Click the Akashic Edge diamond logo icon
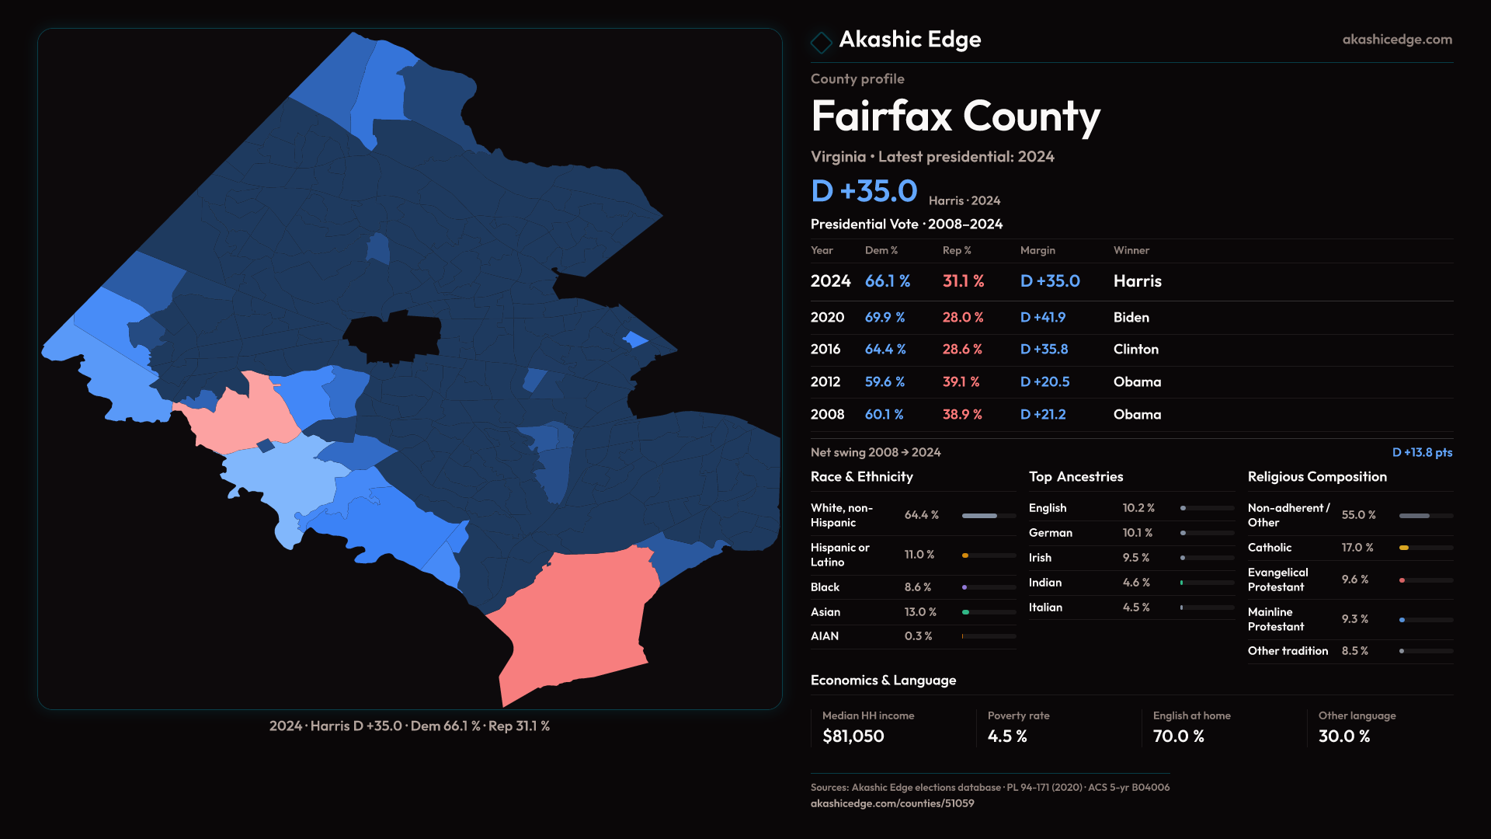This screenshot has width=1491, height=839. click(x=821, y=42)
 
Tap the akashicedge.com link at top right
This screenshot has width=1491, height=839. click(x=1397, y=40)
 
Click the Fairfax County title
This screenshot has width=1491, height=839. click(x=955, y=117)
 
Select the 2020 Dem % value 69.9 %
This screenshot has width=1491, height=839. click(x=885, y=318)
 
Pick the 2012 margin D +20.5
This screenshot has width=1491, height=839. click(x=1044, y=382)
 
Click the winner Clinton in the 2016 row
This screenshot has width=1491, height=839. click(x=1135, y=350)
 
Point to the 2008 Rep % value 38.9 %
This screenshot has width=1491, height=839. click(x=962, y=415)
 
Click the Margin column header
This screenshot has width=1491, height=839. click(x=1037, y=250)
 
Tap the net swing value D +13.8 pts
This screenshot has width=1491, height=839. click(x=1422, y=452)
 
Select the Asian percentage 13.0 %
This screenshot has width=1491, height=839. click(x=920, y=612)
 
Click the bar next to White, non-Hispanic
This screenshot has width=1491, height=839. click(x=989, y=516)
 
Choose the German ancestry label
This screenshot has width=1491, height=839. click(x=1050, y=533)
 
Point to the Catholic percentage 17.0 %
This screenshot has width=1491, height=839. click(x=1357, y=548)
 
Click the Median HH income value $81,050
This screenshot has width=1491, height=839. click(x=853, y=736)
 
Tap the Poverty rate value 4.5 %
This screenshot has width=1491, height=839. click(x=1007, y=736)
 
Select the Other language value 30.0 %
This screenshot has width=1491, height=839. click(x=1343, y=736)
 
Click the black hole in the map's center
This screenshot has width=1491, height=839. click(x=393, y=337)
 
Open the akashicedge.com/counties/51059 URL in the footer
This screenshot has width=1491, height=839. click(x=891, y=803)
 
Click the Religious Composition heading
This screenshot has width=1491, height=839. click(x=1317, y=477)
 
